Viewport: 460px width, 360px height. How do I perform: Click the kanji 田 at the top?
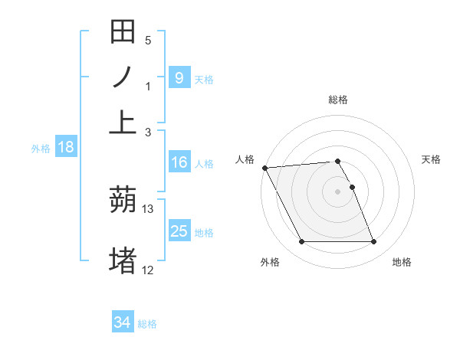[x=123, y=32]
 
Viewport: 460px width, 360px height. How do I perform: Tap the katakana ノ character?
[x=123, y=77]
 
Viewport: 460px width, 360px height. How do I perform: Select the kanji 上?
[x=123, y=123]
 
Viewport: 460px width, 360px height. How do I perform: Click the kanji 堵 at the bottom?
[x=123, y=260]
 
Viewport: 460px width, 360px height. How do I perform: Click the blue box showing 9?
[x=179, y=77]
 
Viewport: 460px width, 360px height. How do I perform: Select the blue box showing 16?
[x=179, y=162]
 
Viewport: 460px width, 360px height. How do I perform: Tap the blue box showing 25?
[x=179, y=231]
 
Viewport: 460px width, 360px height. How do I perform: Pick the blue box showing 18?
[x=66, y=148]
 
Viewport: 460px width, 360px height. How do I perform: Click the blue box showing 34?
[x=123, y=322]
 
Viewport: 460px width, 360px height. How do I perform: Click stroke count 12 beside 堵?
[x=148, y=269]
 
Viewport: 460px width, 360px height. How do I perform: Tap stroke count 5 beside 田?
[x=148, y=41]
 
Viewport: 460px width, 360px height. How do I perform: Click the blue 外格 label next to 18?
[x=41, y=149]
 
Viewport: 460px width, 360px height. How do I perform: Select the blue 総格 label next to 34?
[x=147, y=324]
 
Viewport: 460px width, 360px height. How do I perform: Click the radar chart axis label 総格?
[x=338, y=100]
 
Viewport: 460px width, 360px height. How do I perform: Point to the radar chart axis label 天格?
[x=432, y=159]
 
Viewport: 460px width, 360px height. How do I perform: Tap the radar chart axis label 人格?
[x=245, y=159]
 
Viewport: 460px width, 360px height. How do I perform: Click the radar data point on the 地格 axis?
[x=373, y=242]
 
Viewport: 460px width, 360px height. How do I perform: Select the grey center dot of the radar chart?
[x=338, y=191]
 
